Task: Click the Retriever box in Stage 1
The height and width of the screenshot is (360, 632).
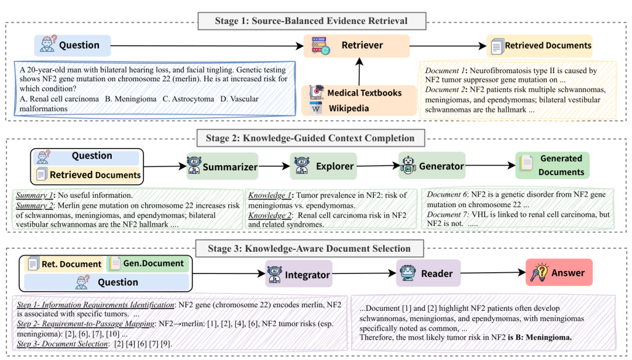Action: pos(357,46)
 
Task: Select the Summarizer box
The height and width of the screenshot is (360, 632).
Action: pos(222,166)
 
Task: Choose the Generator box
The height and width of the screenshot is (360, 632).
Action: pos(432,165)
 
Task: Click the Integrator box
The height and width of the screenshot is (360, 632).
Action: pos(298,274)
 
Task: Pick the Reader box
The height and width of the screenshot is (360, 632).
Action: pos(428,273)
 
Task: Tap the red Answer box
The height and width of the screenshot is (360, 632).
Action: pos(559,272)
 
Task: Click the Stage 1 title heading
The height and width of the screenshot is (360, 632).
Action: pos(311,21)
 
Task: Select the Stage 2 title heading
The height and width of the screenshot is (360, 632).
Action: pos(310,138)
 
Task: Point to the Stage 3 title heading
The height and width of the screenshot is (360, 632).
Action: pos(310,248)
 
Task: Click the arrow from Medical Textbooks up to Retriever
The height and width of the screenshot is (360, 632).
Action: pos(359,71)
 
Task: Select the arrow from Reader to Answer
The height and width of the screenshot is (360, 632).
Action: pos(493,273)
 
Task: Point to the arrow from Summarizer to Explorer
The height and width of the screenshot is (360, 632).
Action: pos(274,166)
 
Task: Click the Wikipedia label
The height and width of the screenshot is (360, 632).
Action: pos(349,108)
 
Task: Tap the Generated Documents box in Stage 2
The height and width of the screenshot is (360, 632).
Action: pos(552,165)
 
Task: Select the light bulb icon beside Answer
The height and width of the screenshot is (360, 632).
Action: pos(540,273)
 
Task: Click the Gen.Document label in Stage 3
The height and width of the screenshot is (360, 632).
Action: pos(153,263)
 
